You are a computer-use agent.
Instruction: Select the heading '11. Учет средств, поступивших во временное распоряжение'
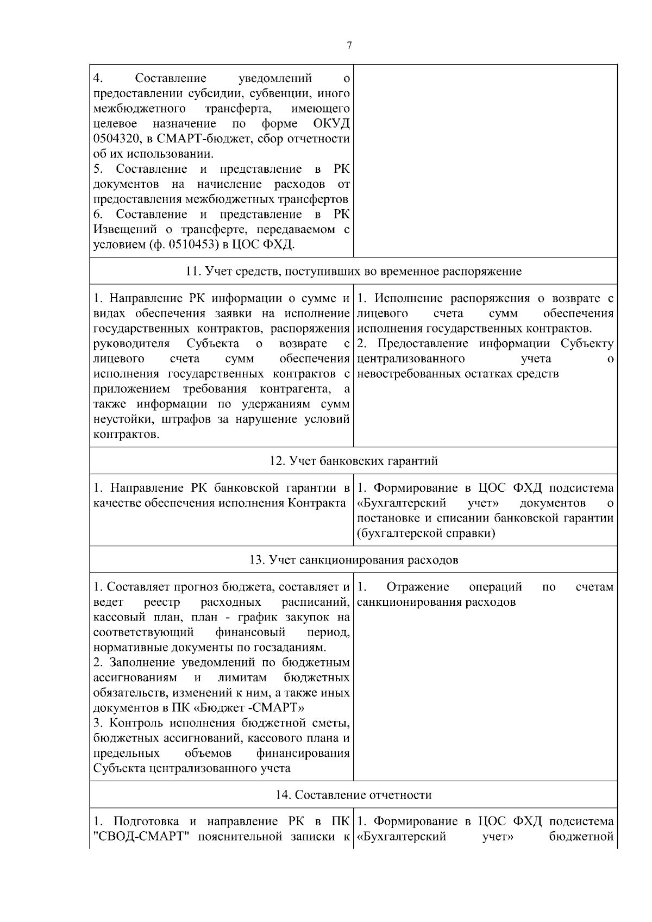coord(354,271)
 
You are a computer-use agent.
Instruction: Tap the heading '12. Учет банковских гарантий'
coord(354,461)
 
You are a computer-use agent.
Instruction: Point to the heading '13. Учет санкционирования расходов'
coord(354,560)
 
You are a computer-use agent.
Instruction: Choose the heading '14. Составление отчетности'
coord(354,795)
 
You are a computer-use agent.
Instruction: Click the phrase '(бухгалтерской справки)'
coord(426,534)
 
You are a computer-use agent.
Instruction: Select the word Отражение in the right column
coord(418,587)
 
